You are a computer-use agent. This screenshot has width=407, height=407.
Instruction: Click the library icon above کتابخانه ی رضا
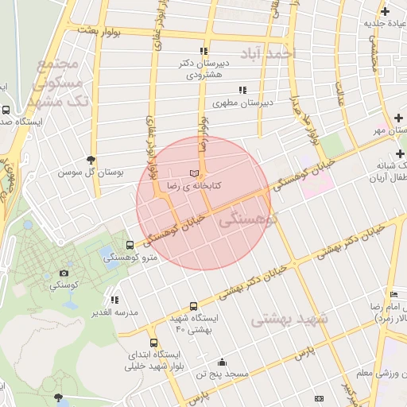(x=195, y=172)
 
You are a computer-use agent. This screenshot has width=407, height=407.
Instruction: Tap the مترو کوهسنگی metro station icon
(x=130, y=245)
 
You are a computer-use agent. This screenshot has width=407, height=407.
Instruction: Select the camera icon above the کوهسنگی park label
(x=64, y=273)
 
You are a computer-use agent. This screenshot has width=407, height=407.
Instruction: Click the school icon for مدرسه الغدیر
(x=115, y=300)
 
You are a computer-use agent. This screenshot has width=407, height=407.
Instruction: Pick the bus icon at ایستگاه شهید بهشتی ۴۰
(x=193, y=306)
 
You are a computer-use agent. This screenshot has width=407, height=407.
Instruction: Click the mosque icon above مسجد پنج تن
(x=221, y=362)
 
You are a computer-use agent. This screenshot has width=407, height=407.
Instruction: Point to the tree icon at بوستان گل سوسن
(x=91, y=160)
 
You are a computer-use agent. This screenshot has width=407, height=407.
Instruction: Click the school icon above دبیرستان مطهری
(x=242, y=91)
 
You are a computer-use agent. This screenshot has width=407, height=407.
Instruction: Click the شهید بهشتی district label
(x=289, y=319)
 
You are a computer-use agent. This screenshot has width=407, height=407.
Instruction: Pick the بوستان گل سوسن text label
(x=91, y=172)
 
